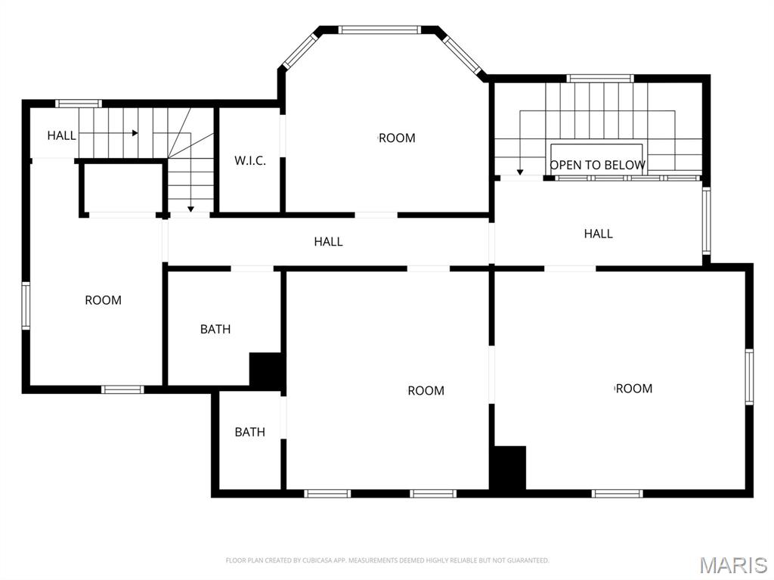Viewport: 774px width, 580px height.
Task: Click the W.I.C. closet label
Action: point(249,160)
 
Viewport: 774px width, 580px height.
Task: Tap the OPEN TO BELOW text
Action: point(597,165)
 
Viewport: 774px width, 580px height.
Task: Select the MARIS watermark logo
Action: point(733,565)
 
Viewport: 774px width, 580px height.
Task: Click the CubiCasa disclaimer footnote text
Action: point(387,560)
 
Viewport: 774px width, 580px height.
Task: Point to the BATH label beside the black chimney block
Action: point(215,329)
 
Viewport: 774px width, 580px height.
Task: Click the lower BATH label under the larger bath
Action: point(249,433)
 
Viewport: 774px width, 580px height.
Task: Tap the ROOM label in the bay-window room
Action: point(397,138)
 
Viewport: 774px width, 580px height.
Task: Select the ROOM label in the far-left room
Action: point(103,300)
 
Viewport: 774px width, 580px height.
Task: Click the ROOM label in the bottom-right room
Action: point(634,389)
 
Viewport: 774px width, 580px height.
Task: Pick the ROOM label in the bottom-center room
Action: point(426,391)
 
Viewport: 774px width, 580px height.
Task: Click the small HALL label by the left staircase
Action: point(62,135)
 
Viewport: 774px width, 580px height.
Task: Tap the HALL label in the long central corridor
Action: point(328,241)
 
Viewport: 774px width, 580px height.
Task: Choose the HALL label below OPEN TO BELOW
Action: point(599,234)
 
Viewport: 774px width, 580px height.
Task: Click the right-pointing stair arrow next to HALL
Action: point(109,133)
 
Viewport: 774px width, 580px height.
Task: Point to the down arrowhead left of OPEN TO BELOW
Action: point(520,172)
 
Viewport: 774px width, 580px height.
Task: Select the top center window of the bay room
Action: point(379,29)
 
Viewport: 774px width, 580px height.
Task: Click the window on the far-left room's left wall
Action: point(26,306)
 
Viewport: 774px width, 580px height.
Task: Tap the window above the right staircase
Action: point(599,78)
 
